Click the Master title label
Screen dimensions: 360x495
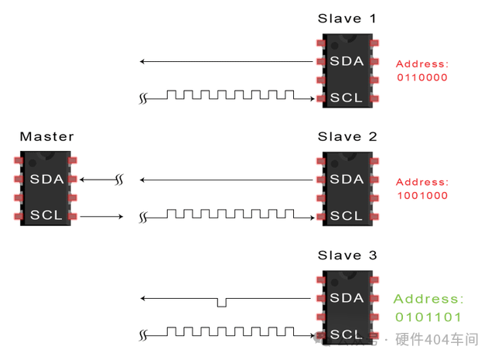(46, 137)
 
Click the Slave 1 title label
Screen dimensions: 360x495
(346, 18)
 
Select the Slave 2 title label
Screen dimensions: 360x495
(346, 137)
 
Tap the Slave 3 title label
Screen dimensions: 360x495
(346, 255)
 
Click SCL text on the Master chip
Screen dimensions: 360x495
(45, 215)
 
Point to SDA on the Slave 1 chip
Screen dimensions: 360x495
(346, 61)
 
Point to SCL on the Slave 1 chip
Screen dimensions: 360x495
(346, 98)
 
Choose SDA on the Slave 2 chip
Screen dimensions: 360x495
(346, 180)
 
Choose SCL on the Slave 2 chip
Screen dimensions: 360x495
(346, 215)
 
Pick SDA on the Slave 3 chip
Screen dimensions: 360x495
(346, 298)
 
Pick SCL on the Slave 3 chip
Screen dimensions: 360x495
(346, 334)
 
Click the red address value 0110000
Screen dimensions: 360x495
(422, 78)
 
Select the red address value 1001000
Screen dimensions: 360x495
(422, 197)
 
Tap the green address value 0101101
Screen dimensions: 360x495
(428, 317)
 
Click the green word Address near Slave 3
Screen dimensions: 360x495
(428, 299)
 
